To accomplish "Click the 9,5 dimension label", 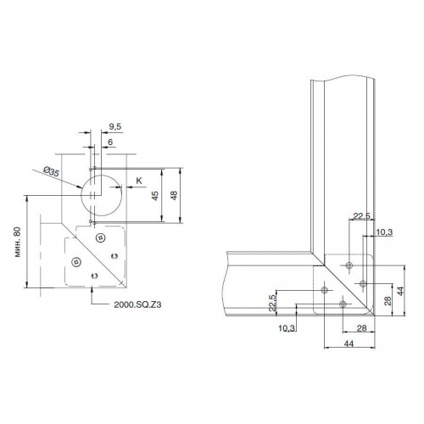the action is click(115, 126).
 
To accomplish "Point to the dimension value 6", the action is click(110, 142).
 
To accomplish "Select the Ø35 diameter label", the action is click(52, 171).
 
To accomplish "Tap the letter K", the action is click(139, 181).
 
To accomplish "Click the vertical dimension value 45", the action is click(155, 196).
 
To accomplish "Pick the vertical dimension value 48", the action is click(174, 195).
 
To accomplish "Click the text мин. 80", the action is click(18, 242).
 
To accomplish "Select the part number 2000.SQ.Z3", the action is click(137, 304).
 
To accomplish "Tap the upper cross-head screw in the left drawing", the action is click(100, 238).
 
